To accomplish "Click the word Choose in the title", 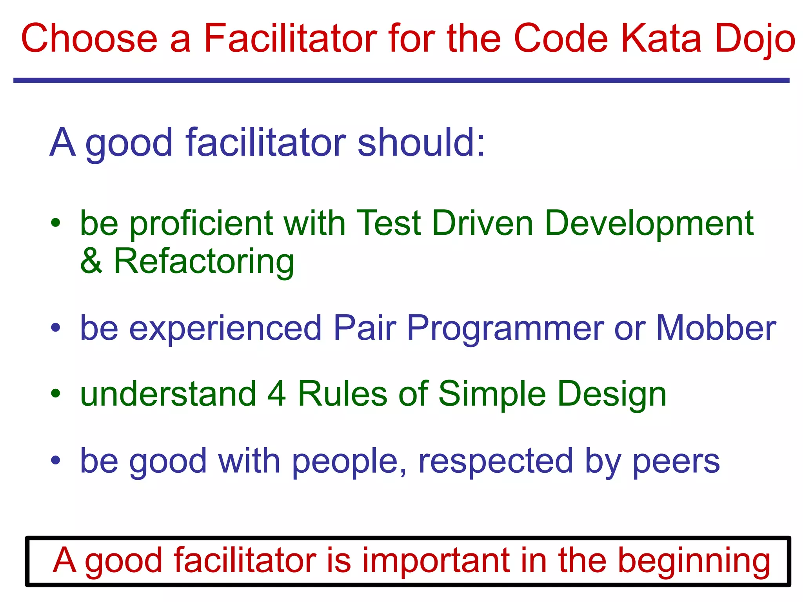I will tap(89, 38).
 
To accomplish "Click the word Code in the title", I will tap(561, 38).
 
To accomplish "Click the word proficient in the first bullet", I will tap(201, 224).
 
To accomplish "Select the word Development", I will tap(649, 224).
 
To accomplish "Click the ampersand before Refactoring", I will tap(91, 261).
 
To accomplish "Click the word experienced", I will tap(225, 329).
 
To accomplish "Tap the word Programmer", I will tap(505, 329).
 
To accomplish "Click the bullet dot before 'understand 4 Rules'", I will tap(56, 393).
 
